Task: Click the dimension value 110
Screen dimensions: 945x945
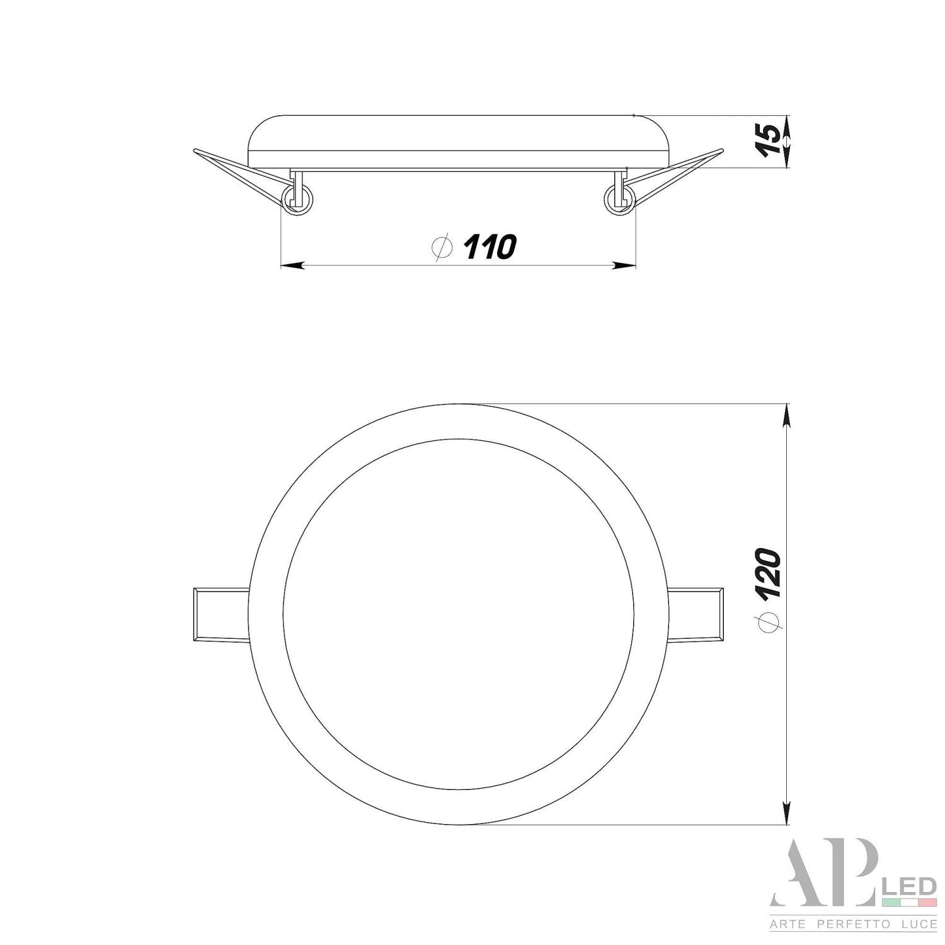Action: point(490,247)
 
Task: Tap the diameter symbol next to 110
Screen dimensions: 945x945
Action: point(444,247)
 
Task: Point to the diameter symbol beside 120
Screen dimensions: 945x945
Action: point(770,621)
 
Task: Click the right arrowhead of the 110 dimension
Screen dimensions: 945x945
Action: point(624,266)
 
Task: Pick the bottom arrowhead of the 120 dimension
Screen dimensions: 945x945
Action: point(786,813)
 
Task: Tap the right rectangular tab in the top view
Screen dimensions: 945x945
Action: point(696,615)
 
